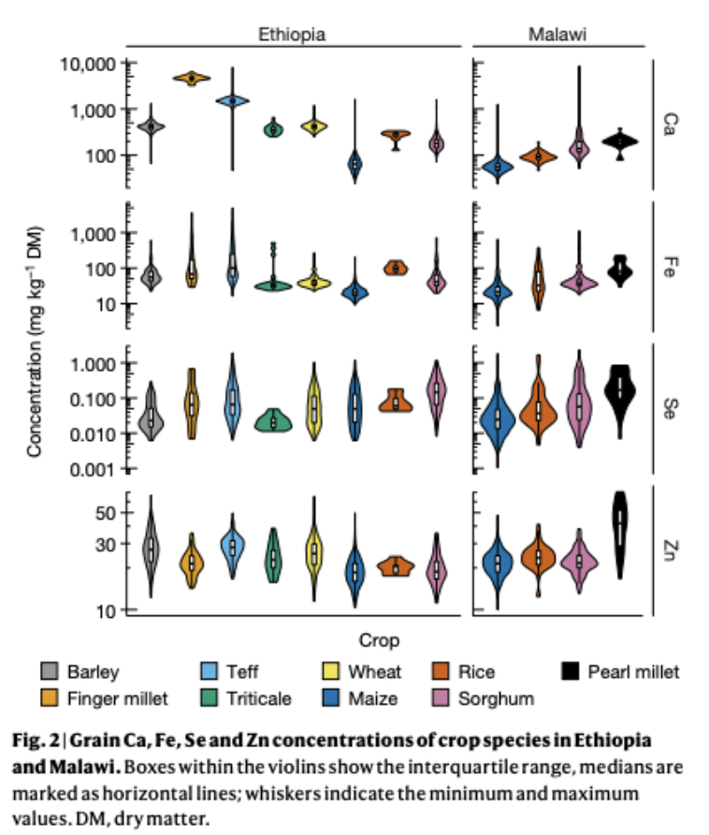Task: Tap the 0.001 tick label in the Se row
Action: click(90, 470)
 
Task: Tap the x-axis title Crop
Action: click(379, 641)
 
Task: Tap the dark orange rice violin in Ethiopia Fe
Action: click(396, 268)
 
